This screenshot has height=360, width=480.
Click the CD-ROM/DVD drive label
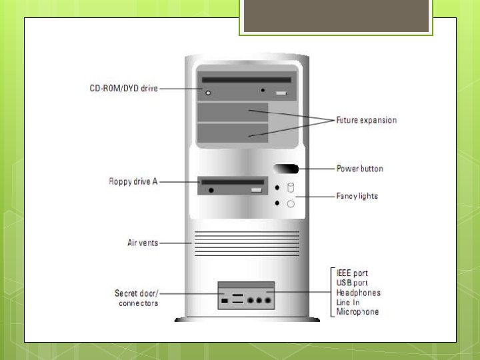click(x=124, y=89)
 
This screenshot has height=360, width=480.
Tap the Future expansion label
click(x=367, y=120)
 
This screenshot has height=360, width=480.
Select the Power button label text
click(x=360, y=169)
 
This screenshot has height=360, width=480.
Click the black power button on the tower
click(x=286, y=169)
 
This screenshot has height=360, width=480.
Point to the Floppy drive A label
click(x=133, y=181)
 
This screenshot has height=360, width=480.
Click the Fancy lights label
click(x=357, y=196)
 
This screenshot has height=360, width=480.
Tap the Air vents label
click(x=143, y=243)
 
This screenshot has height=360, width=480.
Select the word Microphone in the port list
click(x=357, y=311)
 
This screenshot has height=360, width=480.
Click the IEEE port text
click(x=352, y=273)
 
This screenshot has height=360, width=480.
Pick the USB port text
click(x=352, y=283)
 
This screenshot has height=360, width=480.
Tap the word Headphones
click(x=359, y=293)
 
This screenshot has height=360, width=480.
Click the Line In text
click(x=348, y=302)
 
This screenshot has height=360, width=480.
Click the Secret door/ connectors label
click(x=137, y=298)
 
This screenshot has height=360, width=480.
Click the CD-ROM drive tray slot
click(x=247, y=80)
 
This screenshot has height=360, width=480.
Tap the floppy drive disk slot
click(x=233, y=182)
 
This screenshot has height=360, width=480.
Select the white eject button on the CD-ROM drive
click(x=281, y=93)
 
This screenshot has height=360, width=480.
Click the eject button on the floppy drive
click(x=256, y=190)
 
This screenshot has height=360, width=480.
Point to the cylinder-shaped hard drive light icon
click(x=291, y=187)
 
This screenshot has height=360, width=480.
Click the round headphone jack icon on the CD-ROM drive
click(x=208, y=93)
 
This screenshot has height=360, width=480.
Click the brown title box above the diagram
click(x=336, y=16)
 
